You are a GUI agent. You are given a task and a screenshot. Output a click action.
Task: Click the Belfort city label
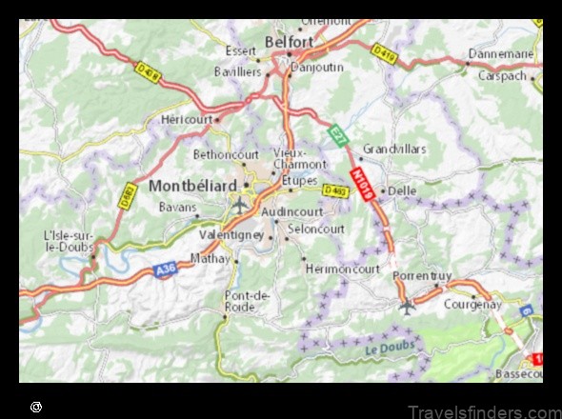point(290,43)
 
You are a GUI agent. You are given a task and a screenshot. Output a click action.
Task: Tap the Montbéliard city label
point(193,187)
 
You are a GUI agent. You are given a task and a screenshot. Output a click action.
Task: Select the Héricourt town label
point(185,120)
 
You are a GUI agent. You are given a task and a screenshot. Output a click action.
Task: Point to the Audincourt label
point(292,211)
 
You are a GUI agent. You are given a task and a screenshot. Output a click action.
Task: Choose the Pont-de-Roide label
point(248,301)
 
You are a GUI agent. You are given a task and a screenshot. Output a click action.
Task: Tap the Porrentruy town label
point(421,275)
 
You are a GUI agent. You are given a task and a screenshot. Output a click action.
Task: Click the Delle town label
point(402,190)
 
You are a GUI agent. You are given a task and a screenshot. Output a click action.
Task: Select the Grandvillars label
point(394,150)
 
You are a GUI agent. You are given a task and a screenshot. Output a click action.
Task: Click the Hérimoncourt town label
point(342,269)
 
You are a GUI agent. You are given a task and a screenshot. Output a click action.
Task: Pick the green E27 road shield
point(337,136)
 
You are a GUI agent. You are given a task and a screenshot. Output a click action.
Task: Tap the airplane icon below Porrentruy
point(408,306)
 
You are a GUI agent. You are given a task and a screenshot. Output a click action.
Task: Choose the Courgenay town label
point(472,305)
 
